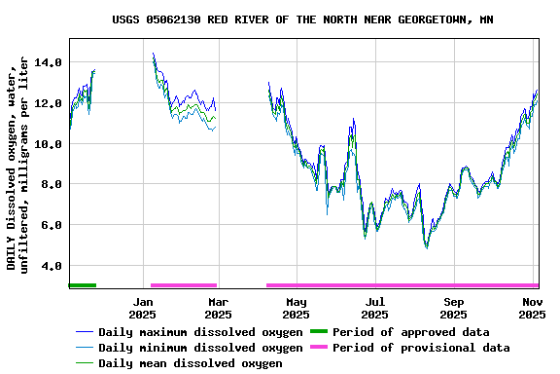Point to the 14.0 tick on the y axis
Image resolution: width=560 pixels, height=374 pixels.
[48, 62]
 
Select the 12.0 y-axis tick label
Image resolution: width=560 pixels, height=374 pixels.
[48, 103]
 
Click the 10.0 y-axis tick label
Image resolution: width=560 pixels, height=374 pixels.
[48, 144]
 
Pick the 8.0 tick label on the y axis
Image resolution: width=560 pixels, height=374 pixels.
[52, 184]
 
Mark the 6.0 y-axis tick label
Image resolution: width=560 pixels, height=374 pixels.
[52, 225]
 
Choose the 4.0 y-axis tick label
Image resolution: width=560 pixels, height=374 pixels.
[52, 266]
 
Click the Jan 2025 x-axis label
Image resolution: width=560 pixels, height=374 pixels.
[143, 308]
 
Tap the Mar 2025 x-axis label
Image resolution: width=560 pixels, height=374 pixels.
[218, 308]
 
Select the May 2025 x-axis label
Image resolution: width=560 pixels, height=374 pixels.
[297, 308]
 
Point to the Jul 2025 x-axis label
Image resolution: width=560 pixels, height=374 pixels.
[375, 308]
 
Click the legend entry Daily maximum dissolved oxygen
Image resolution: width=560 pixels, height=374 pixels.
[199, 332]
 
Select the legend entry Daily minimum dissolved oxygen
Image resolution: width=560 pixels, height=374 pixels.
[199, 348]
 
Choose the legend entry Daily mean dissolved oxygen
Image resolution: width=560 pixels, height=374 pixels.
[190, 363]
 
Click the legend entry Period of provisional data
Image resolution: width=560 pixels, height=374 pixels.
[421, 348]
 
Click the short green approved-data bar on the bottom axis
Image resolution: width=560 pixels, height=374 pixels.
[83, 285]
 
